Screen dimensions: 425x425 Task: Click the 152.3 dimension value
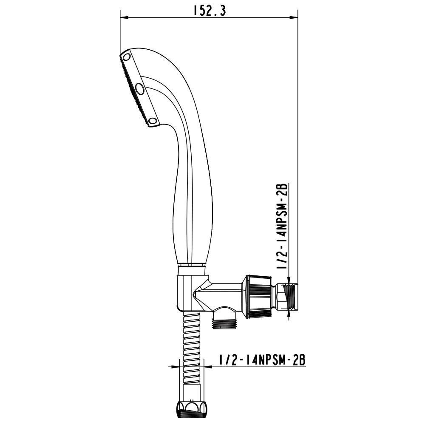click(x=209, y=11)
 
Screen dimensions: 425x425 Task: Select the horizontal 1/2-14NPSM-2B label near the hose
click(x=262, y=360)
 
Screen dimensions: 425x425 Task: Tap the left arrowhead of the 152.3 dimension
click(x=124, y=17)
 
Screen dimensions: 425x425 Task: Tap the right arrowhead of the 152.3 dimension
click(x=294, y=17)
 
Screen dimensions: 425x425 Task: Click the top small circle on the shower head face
click(x=127, y=57)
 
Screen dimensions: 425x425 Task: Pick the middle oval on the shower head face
click(x=139, y=89)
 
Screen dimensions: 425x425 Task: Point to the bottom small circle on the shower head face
click(x=153, y=121)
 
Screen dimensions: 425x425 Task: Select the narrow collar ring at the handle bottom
click(x=192, y=269)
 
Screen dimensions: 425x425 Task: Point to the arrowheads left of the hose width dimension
click(x=173, y=366)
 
